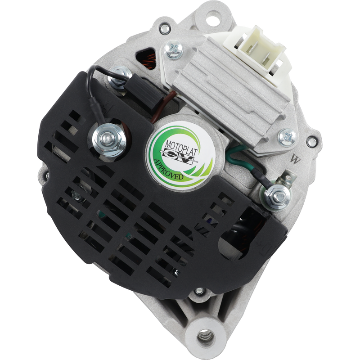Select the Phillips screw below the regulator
coord(287,137)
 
